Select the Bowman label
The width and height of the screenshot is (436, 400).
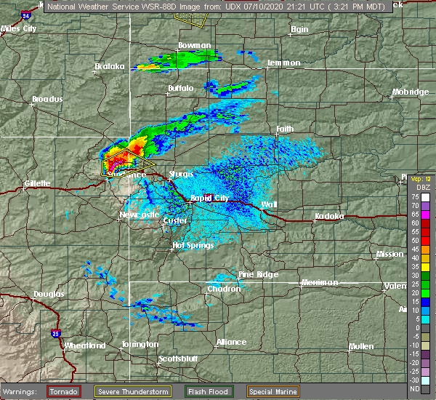pyautogui.click(x=190, y=46)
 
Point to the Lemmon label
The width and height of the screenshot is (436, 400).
pyautogui.click(x=284, y=63)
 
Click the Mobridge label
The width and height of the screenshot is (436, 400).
pyautogui.click(x=410, y=92)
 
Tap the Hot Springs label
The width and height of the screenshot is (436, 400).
pyautogui.click(x=193, y=246)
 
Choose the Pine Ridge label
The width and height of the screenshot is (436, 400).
pyautogui.click(x=258, y=275)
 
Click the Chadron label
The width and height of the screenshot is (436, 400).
pyautogui.click(x=224, y=289)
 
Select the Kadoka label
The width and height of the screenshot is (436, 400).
pyautogui.click(x=329, y=217)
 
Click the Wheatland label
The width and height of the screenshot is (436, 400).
pyautogui.click(x=85, y=345)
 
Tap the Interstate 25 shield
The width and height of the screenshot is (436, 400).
pyautogui.click(x=57, y=333)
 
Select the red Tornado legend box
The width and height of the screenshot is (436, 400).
pyautogui.click(x=65, y=391)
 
